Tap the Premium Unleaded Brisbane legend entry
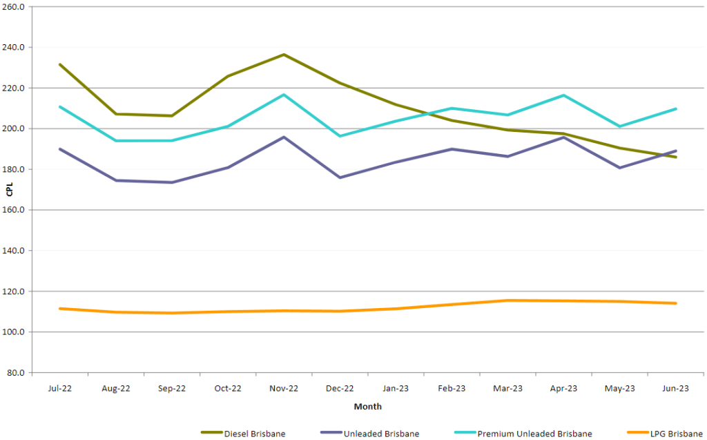[534, 433]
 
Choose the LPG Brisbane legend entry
[666, 433]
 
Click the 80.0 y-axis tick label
[16, 373]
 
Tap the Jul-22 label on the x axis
[60, 389]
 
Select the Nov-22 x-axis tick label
[284, 389]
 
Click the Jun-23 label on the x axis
[675, 389]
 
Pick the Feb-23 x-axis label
[452, 389]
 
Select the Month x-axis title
[367, 407]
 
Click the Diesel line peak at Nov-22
[284, 55]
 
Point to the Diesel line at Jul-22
[60, 64]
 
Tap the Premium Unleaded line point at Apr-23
[563, 95]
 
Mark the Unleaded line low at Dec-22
[340, 178]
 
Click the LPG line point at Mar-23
[507, 300]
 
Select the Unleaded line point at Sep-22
[172, 182]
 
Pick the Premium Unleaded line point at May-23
[619, 126]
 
